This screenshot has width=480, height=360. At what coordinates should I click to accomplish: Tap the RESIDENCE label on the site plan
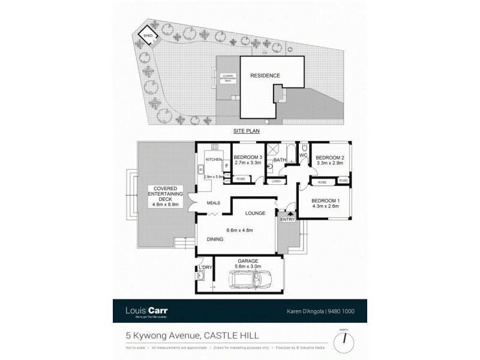pos(265,76)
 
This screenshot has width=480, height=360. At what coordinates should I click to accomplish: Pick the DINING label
pos(215,239)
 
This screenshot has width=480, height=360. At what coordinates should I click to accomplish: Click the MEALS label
pos(213,203)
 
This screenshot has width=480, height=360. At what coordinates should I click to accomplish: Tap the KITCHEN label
pos(214,160)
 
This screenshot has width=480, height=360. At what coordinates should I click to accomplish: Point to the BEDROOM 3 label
pos(248,157)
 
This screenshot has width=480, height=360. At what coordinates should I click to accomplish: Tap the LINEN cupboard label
pos(276,180)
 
